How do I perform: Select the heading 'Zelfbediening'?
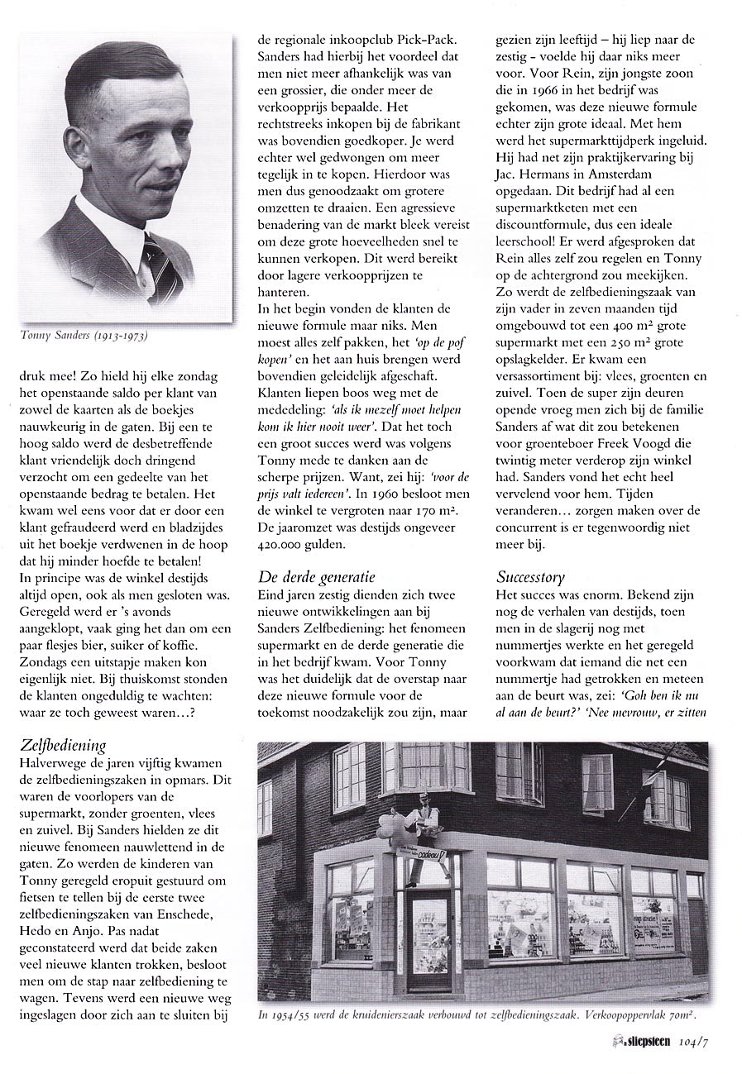(x=63, y=746)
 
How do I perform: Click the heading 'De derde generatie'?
(x=316, y=576)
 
